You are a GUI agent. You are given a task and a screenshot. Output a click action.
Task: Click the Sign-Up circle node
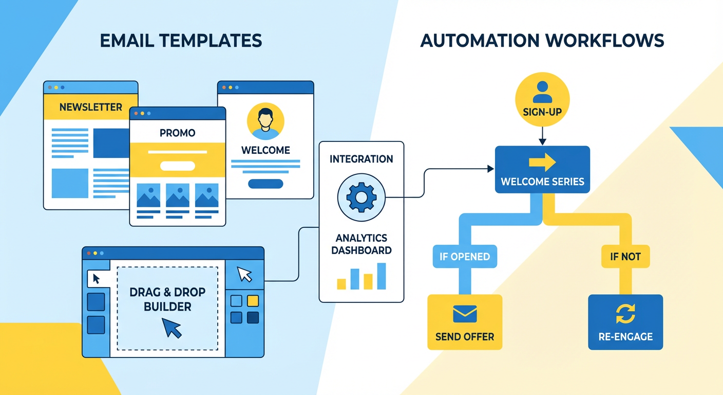pyautogui.click(x=542, y=100)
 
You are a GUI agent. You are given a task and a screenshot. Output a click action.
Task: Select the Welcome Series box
pyautogui.click(x=542, y=170)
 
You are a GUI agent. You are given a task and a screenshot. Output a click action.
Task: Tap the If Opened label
pyautogui.click(x=465, y=256)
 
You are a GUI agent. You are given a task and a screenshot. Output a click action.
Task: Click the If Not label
pyautogui.click(x=625, y=256)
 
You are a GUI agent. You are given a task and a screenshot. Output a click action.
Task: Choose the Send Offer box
pyautogui.click(x=465, y=322)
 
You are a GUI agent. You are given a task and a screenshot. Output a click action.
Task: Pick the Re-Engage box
pyautogui.click(x=625, y=322)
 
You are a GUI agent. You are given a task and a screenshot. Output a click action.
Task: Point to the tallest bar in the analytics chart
pyautogui.click(x=381, y=276)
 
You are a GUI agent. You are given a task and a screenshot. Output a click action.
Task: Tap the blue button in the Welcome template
pyautogui.click(x=265, y=184)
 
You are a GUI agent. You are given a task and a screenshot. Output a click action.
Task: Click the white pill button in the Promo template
pyautogui.click(x=178, y=166)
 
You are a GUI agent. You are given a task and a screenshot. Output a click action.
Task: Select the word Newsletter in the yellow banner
pyautogui.click(x=91, y=107)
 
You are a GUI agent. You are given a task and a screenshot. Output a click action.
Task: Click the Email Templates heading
pyautogui.click(x=181, y=41)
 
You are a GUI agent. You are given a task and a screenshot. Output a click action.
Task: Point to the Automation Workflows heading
pyautogui.click(x=542, y=41)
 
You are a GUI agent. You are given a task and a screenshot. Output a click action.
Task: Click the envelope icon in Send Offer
pyautogui.click(x=465, y=314)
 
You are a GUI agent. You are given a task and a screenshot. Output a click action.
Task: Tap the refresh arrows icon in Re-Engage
pyautogui.click(x=625, y=313)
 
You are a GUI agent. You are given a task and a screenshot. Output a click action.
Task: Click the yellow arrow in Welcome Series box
pyautogui.click(x=542, y=163)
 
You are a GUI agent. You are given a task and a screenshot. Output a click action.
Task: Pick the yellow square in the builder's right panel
pyautogui.click(x=253, y=301)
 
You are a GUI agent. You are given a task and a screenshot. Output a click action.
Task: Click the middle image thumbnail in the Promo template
pyautogui.click(x=178, y=196)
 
